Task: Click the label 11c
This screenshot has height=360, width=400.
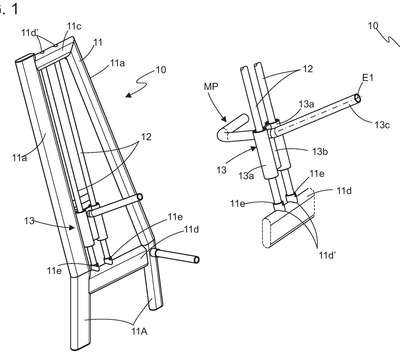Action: tap(74, 26)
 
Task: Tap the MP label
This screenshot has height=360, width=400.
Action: tap(211, 86)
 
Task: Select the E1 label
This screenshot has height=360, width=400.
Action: tap(368, 78)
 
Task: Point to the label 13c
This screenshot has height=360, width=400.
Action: tap(382, 124)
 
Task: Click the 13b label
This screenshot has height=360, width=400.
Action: tap(321, 152)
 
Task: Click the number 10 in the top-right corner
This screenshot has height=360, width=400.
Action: tap(373, 25)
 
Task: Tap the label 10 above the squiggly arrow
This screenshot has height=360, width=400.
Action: tap(161, 70)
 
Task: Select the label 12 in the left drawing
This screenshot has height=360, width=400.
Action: tap(146, 137)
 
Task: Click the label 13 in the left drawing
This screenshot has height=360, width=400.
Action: tap(29, 220)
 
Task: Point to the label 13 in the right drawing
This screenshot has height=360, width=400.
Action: tap(221, 170)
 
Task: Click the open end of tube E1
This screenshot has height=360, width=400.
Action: tap(358, 98)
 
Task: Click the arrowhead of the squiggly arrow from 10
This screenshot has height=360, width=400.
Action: tap(129, 95)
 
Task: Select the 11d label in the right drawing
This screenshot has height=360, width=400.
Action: tap(344, 191)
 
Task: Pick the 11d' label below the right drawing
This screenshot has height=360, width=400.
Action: tap(327, 255)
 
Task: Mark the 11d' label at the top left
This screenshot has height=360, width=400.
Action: tap(30, 32)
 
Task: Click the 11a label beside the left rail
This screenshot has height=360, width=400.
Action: tap(20, 158)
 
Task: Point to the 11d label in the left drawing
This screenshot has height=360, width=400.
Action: tap(191, 229)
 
